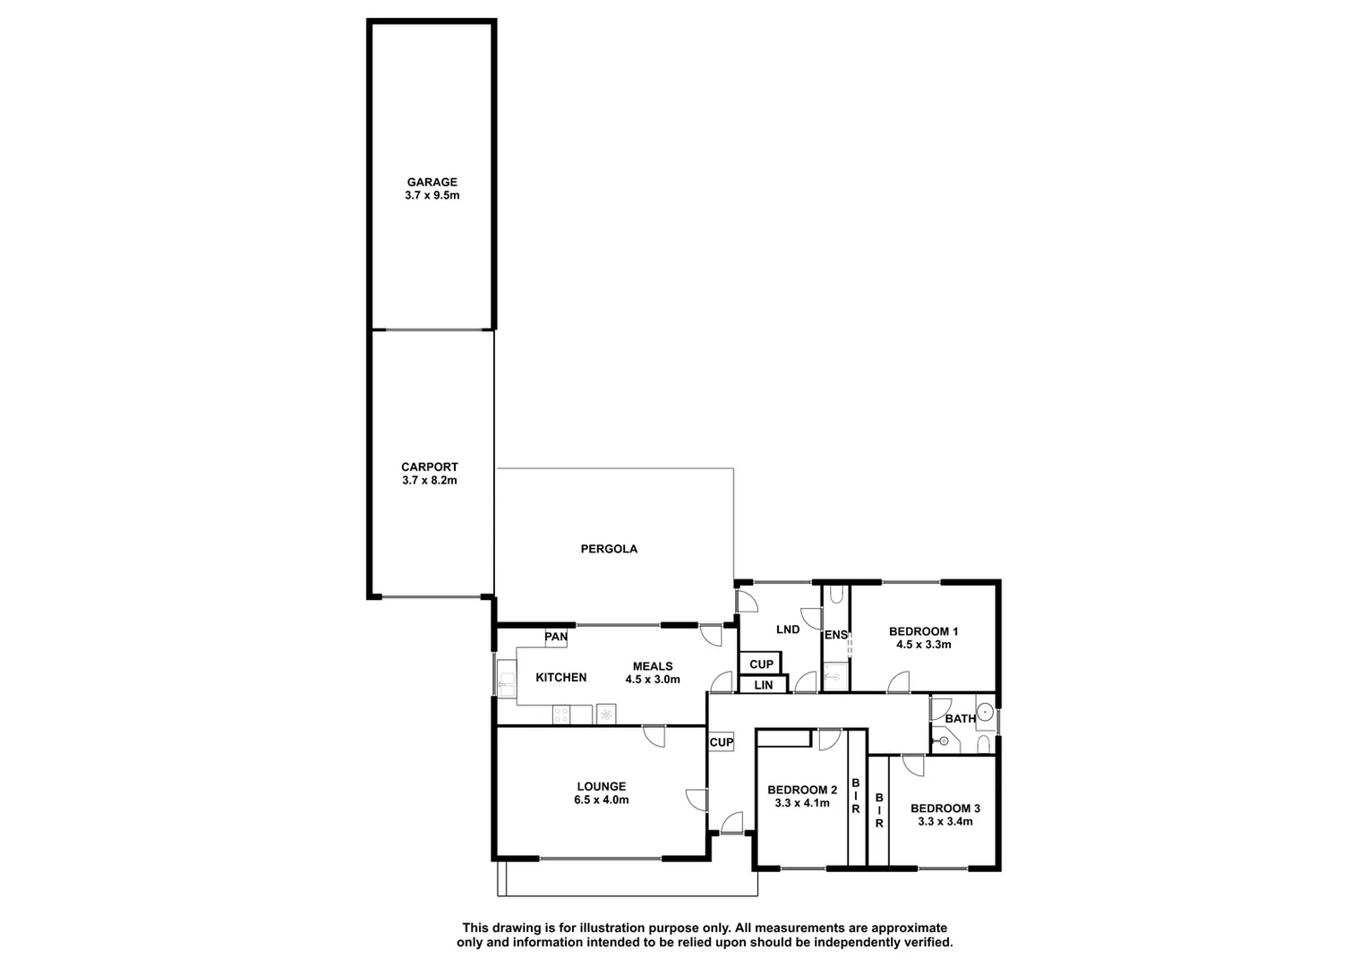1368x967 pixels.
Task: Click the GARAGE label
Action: point(432,182)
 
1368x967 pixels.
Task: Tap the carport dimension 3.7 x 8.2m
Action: point(430,481)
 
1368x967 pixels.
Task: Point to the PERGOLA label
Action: point(609,549)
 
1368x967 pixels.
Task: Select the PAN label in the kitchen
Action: point(556,638)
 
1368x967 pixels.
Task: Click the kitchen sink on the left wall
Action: point(507,678)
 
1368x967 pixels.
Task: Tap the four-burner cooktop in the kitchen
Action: point(562,715)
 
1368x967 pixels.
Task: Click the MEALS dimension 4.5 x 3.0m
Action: point(653,680)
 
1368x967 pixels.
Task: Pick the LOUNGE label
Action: point(601,787)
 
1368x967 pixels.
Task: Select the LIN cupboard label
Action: point(763,685)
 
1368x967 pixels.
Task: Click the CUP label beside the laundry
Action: point(761,664)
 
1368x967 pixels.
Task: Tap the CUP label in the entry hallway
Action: point(721,742)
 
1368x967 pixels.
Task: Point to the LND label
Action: point(788,629)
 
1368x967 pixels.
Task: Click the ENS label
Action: point(835,636)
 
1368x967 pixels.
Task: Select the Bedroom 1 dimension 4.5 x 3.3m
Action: point(923,645)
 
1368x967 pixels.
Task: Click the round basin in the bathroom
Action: point(984,713)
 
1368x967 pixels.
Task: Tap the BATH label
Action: point(960,719)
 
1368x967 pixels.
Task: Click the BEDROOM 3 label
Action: point(945,809)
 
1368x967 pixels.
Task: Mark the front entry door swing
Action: point(732,822)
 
